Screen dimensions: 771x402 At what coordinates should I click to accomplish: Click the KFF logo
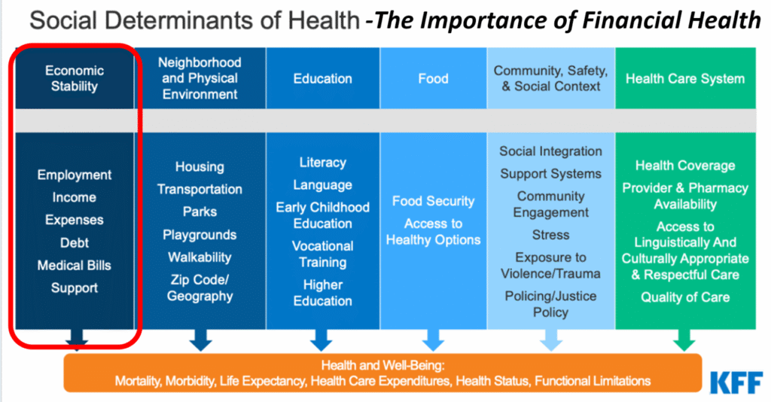[x=736, y=383]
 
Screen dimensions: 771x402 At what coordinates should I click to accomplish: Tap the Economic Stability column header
[x=75, y=78]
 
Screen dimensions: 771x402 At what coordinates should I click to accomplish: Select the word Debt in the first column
[x=75, y=242]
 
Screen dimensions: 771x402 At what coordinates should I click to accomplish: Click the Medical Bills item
[x=75, y=266]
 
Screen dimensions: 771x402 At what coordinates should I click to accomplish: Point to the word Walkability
[x=200, y=257]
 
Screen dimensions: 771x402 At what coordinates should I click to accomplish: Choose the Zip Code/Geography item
[x=200, y=288]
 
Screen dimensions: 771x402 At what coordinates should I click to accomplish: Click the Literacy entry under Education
[x=322, y=163]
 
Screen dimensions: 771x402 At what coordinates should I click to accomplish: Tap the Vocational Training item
[x=322, y=254]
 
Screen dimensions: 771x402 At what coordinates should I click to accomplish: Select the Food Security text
[x=433, y=202]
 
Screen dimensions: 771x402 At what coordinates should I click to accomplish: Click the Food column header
[x=433, y=78]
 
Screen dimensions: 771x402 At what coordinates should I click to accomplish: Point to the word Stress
[x=550, y=235]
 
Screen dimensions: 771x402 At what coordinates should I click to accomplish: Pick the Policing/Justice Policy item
[x=550, y=304]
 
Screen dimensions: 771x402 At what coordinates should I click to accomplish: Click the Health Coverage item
[x=685, y=166]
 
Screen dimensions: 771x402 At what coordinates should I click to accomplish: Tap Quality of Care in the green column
[x=685, y=297]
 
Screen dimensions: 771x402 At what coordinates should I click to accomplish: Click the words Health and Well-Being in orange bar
[x=382, y=365]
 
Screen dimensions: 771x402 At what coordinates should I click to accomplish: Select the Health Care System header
[x=685, y=78]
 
